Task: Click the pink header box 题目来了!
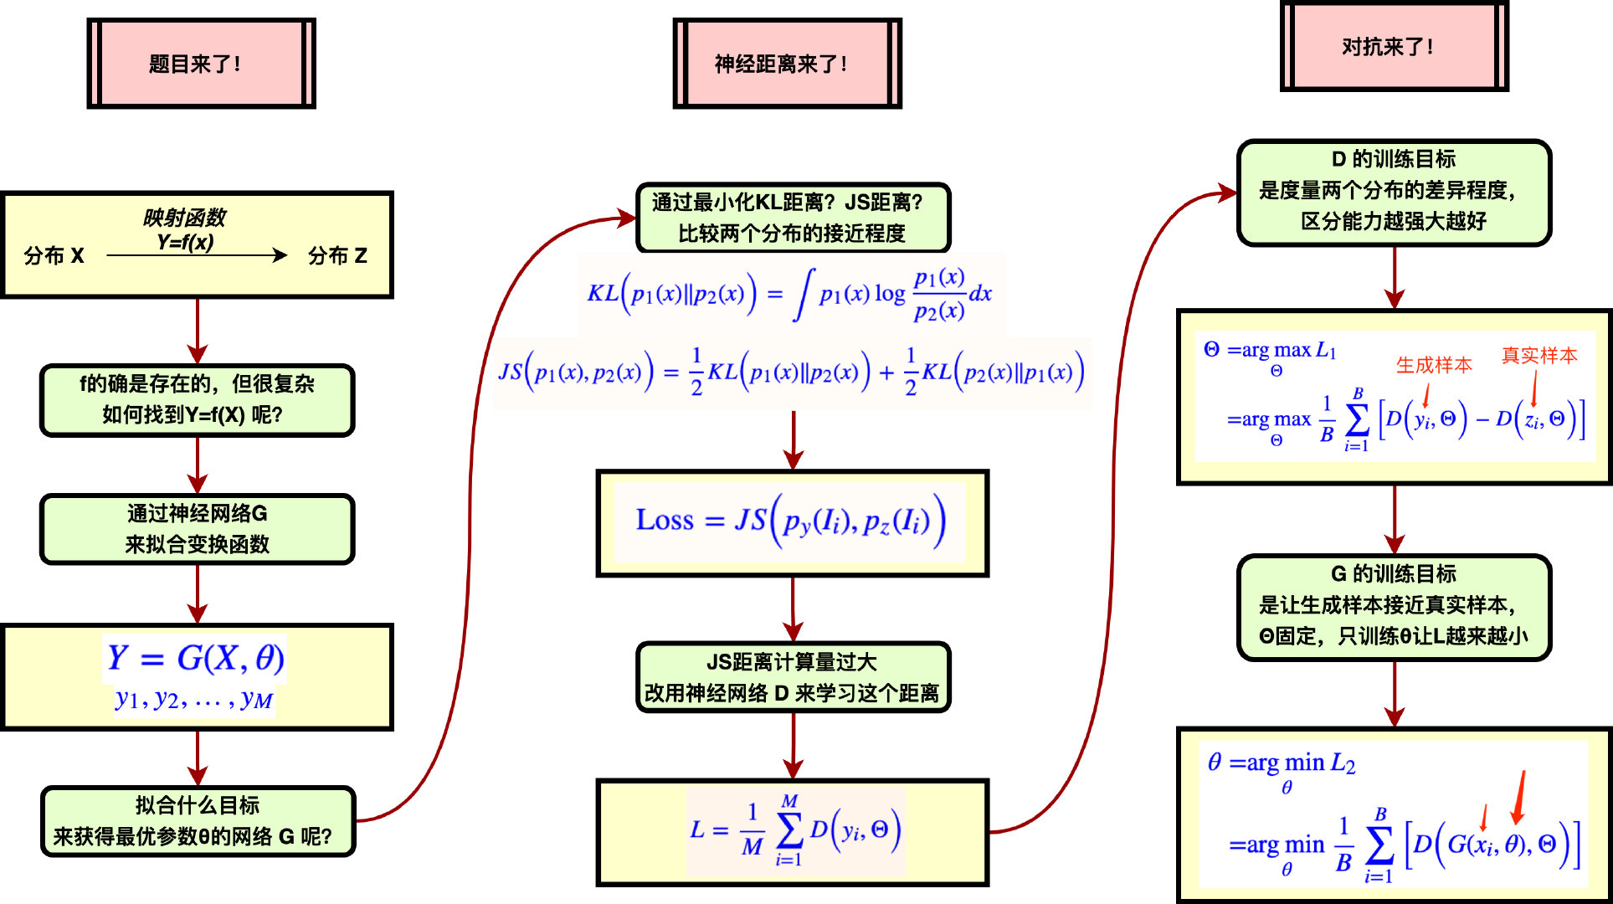point(201,64)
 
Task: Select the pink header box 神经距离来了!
point(787,64)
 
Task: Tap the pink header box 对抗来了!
point(1394,47)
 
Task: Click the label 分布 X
point(54,255)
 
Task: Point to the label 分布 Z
point(337,255)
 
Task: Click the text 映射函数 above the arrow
point(184,218)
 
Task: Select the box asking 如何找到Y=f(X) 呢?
point(198,400)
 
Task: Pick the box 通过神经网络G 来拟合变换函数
point(198,529)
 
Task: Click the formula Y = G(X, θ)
point(196,658)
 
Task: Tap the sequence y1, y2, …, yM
point(194,699)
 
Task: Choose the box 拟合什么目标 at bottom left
point(198,821)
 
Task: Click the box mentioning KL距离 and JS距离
point(793,218)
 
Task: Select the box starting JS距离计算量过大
point(793,677)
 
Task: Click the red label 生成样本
point(1434,365)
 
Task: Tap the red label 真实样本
point(1539,356)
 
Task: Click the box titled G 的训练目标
point(1394,607)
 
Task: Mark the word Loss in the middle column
point(665,520)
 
